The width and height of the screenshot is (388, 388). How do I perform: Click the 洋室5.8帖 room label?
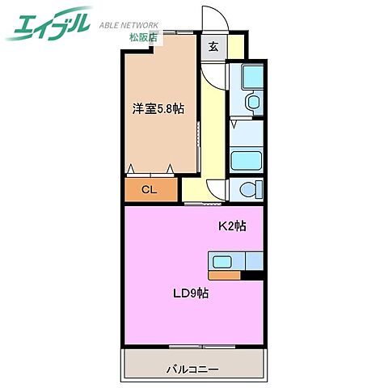click(x=158, y=108)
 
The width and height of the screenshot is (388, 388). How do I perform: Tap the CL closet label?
click(x=150, y=191)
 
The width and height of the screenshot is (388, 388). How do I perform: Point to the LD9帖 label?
click(x=191, y=293)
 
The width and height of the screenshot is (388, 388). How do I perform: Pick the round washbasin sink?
click(x=251, y=103)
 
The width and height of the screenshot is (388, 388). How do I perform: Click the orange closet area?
click(x=150, y=191)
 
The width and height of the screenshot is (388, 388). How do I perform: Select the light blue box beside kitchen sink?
click(x=254, y=260)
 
